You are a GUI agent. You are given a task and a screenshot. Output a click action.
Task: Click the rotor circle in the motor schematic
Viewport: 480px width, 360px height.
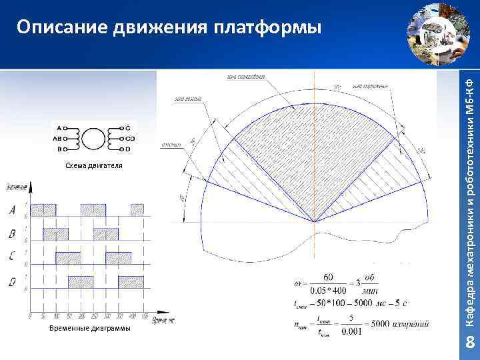click(95, 139)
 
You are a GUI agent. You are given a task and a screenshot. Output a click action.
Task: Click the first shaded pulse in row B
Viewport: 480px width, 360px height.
click(55, 234)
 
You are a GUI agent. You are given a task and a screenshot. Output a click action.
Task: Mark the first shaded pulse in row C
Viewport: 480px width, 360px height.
click(68, 258)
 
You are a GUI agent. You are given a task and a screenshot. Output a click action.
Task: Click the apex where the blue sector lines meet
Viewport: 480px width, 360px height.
click(314, 222)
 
